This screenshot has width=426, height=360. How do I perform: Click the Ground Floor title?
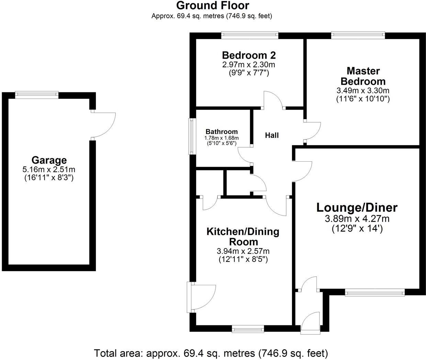point(212,6)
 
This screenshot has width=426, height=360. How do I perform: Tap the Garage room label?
point(49,160)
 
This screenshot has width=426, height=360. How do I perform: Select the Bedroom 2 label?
point(249,55)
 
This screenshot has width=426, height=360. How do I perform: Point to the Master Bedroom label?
point(363,76)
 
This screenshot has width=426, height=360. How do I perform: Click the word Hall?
point(272,136)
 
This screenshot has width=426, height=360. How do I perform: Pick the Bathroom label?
point(222,132)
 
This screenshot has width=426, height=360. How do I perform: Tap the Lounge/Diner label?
point(357,208)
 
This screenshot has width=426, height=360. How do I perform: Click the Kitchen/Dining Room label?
point(243,236)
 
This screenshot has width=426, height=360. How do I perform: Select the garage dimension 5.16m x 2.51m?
point(49,170)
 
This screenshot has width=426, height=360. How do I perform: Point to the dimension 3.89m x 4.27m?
point(357,219)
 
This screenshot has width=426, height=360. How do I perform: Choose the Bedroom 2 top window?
point(249,34)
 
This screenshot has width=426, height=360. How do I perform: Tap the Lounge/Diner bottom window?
point(375,293)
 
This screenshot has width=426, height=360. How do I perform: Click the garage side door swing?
point(104,125)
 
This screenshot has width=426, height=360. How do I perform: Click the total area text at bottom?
point(211,353)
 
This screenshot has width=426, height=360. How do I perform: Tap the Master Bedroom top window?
point(358,34)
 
